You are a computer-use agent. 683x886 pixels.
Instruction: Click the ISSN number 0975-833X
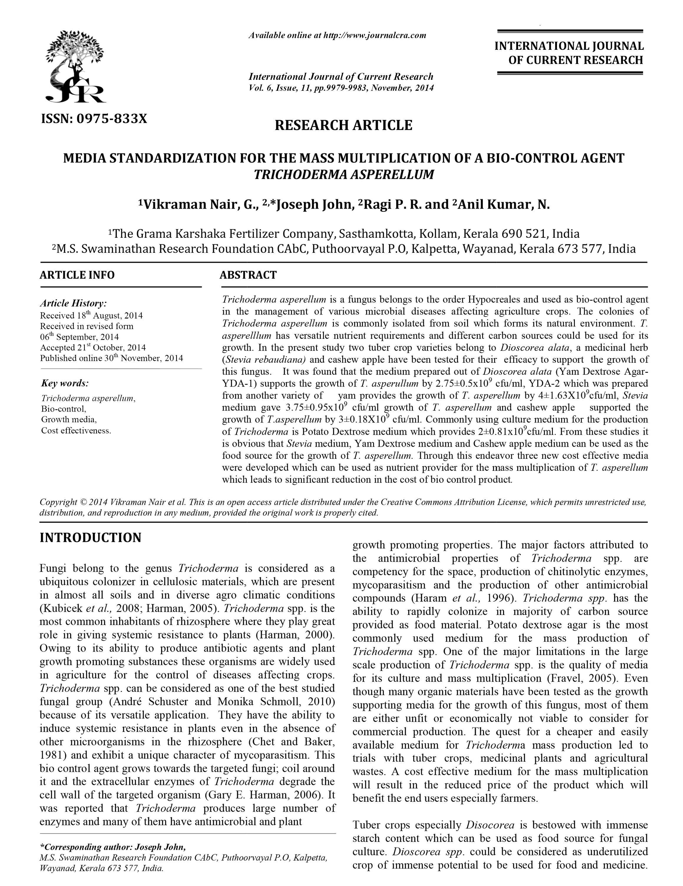94,118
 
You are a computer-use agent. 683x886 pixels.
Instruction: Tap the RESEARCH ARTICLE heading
343,125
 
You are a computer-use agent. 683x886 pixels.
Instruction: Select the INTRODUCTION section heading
90,537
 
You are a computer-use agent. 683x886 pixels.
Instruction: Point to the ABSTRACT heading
248,275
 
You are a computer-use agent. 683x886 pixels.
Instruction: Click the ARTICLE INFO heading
77,275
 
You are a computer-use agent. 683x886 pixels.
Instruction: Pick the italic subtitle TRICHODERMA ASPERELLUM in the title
343,175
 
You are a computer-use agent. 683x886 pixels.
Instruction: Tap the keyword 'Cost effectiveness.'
76,431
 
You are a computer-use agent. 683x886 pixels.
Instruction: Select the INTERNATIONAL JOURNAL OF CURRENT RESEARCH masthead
569,53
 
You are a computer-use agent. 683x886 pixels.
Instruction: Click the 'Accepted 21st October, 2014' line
93,348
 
